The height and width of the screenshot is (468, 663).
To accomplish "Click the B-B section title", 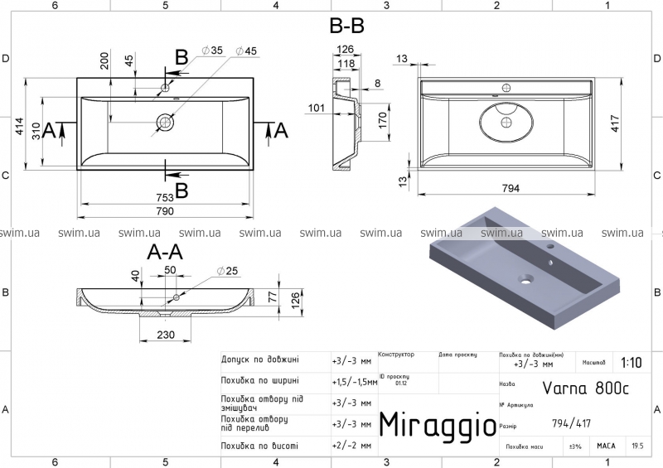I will (x=346, y=27).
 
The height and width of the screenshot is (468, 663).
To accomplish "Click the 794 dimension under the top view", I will (x=511, y=189).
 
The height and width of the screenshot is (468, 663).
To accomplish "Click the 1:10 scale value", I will (x=630, y=362).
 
